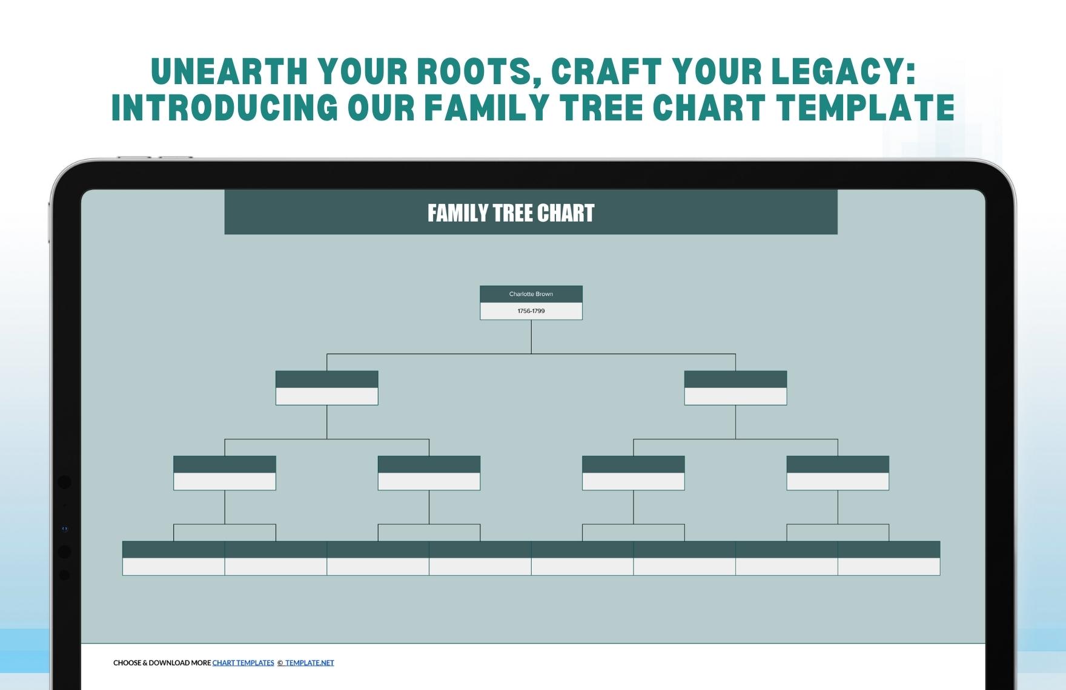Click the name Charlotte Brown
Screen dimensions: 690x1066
[531, 294]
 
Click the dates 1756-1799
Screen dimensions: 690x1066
[531, 311]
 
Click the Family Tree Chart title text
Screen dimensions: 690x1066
[511, 213]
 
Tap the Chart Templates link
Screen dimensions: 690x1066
[243, 663]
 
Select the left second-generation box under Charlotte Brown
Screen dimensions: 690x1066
[326, 388]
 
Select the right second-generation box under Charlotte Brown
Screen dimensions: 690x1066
[735, 388]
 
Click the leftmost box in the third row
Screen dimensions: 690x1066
[225, 473]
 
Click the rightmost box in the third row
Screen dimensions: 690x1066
[838, 473]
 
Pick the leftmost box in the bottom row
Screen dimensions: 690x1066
[174, 558]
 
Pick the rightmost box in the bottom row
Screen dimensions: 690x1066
[889, 558]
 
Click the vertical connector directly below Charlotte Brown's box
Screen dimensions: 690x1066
[531, 337]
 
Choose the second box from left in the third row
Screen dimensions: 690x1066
[429, 473]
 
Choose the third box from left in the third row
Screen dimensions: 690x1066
[633, 473]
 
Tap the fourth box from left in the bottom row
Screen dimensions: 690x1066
[480, 558]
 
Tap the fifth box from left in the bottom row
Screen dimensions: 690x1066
[582, 558]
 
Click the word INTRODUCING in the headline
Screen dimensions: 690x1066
[224, 108]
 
